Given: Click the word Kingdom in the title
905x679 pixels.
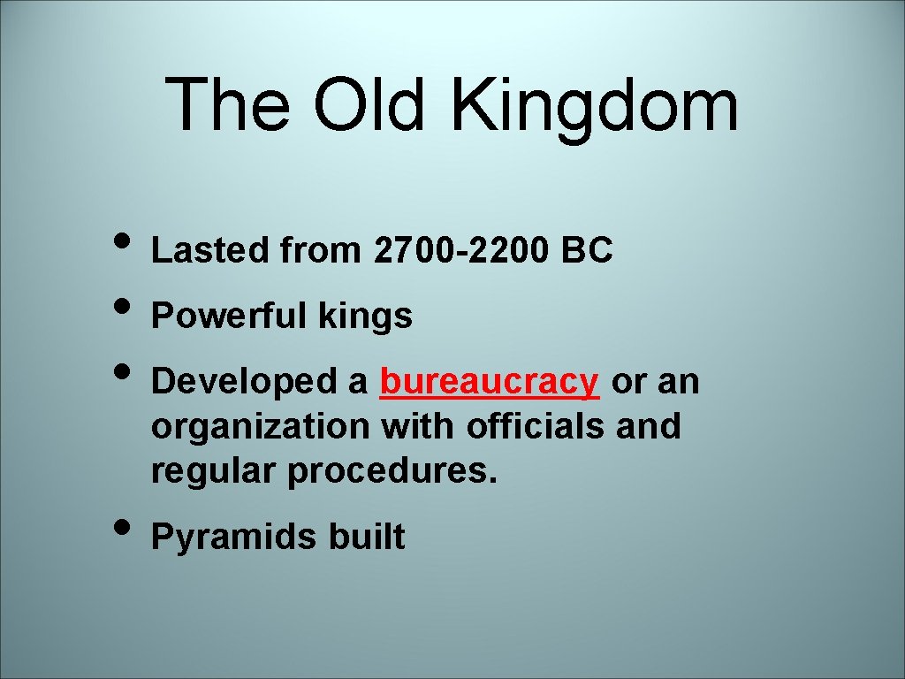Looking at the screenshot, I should tap(595, 106).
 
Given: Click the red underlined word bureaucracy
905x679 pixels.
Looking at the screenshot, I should tap(490, 382).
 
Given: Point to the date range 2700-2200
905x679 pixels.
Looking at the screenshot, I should tap(461, 251).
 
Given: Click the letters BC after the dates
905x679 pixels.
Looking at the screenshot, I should tap(586, 251).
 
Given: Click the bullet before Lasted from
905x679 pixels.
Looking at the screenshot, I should tap(124, 244).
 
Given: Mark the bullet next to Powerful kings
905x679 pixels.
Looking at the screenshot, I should tap(124, 309).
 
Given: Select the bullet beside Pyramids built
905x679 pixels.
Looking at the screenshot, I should tap(124, 530).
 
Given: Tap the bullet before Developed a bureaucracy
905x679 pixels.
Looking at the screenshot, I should tap(124, 375).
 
